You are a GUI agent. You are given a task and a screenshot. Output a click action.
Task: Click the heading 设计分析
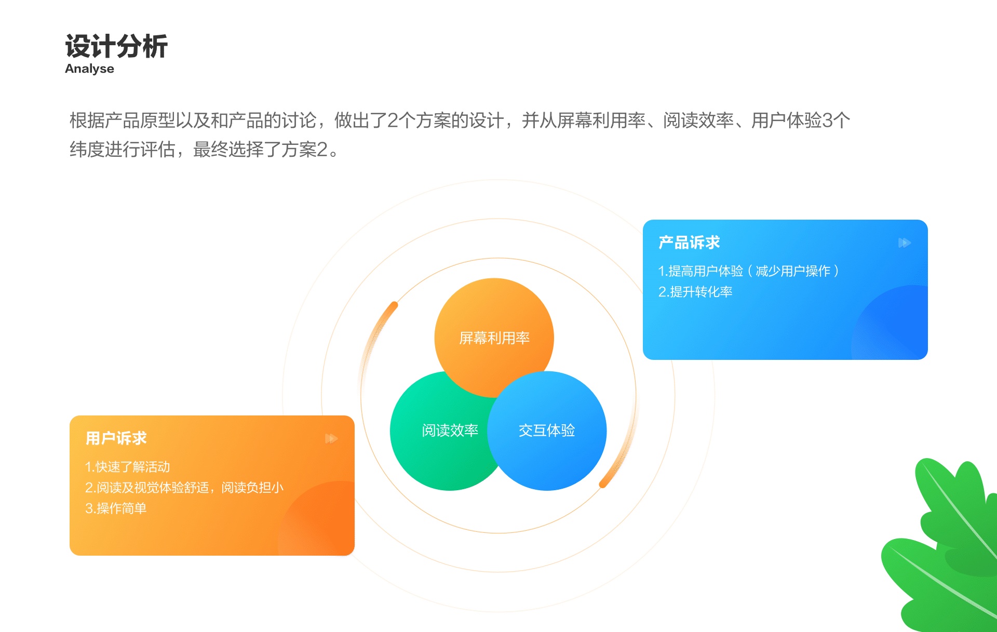pyautogui.click(x=116, y=46)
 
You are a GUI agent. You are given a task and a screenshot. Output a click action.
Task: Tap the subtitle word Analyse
pyautogui.click(x=89, y=69)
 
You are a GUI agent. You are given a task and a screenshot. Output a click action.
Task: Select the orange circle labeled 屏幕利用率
pyautogui.click(x=494, y=327)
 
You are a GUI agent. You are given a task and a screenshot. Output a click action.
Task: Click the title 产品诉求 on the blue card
pyautogui.click(x=689, y=243)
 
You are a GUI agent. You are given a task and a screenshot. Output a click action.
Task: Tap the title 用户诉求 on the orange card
pyautogui.click(x=116, y=438)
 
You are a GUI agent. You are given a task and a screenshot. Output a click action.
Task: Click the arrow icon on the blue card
pyautogui.click(x=905, y=243)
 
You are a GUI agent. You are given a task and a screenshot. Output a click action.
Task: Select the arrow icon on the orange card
pyautogui.click(x=331, y=439)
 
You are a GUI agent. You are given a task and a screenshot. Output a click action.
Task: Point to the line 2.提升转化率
pyautogui.click(x=695, y=292)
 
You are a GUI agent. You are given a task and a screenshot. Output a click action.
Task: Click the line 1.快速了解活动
pyautogui.click(x=128, y=467)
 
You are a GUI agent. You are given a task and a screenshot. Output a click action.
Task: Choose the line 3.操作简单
pyautogui.click(x=116, y=508)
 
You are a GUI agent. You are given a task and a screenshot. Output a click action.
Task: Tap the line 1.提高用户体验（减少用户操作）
pyautogui.click(x=748, y=271)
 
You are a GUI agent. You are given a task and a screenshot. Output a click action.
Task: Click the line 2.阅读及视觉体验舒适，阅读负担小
pyautogui.click(x=184, y=488)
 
